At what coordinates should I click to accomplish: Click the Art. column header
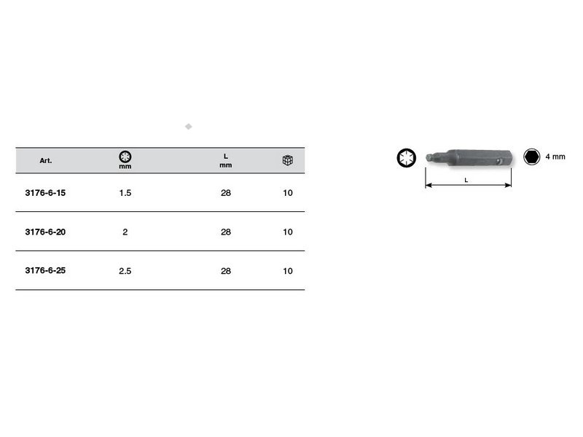[x=46, y=160]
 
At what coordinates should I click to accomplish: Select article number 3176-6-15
[x=45, y=193]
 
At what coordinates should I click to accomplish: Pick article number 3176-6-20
[x=45, y=232]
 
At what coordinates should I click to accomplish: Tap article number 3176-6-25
[x=45, y=270]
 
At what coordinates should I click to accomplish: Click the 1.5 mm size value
[x=125, y=193]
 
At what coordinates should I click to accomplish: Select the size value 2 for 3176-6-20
[x=125, y=232]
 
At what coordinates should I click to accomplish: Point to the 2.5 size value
[x=125, y=271]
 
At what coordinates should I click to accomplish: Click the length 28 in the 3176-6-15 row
[x=226, y=193]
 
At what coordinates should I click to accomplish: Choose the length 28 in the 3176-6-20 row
[x=226, y=232]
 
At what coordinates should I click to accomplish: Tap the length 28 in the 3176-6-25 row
[x=226, y=271]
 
